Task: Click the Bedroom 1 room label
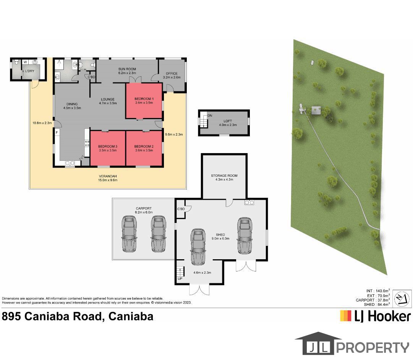[144, 99]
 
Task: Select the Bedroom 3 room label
[107, 147]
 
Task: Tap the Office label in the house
[172, 74]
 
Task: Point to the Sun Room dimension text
[127, 73]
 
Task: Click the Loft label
[228, 121]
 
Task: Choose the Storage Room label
[224, 176]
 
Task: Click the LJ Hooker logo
[375, 316]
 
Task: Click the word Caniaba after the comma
[131, 316]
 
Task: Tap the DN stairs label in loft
[210, 115]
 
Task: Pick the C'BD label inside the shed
[181, 209]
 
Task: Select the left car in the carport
[130, 234]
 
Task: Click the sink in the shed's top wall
[249, 202]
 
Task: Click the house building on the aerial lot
[316, 111]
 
